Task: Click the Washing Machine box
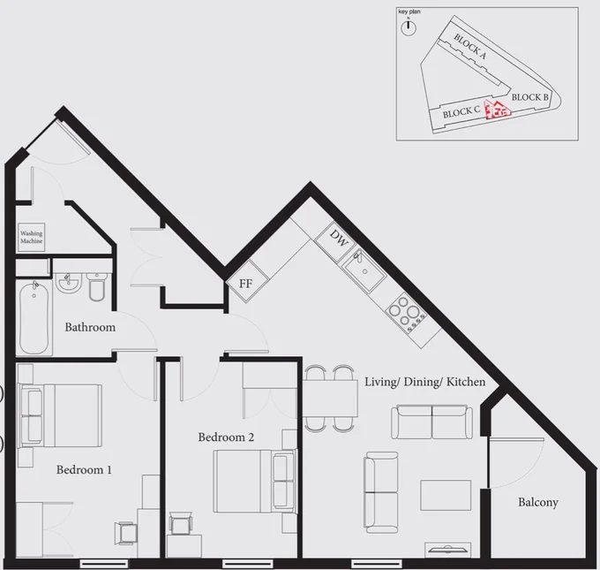click(32, 237)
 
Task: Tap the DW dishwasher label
click(339, 238)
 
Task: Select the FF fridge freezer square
click(246, 281)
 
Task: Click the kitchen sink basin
click(364, 271)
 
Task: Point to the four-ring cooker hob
click(407, 313)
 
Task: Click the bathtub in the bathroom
click(34, 318)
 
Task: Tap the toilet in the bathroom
click(96, 286)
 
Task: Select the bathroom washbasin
click(69, 283)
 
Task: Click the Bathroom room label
click(90, 327)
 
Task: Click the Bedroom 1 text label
click(84, 470)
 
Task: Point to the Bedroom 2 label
click(226, 437)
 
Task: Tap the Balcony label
click(538, 503)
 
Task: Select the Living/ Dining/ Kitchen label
click(424, 382)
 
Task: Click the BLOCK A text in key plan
click(470, 46)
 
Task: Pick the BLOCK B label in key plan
click(530, 97)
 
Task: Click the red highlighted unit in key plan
click(498, 110)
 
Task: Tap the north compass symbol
click(409, 27)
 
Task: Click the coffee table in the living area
click(446, 495)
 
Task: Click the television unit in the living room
click(447, 550)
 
